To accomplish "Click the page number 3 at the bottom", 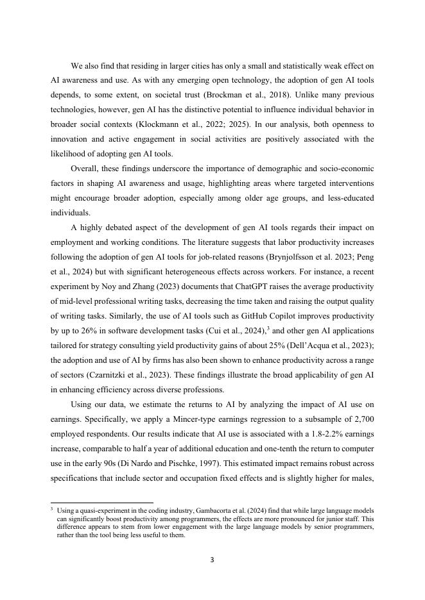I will click(212, 560).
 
